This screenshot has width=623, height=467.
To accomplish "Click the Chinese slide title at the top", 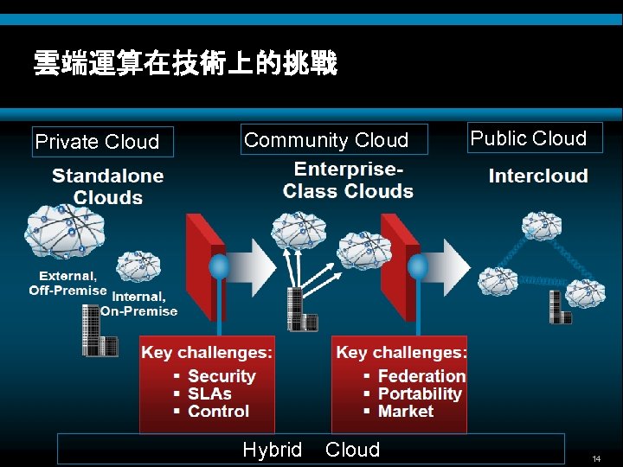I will point(184,63).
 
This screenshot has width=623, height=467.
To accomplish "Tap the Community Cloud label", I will point(325,140).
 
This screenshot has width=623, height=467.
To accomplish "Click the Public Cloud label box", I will point(529,138).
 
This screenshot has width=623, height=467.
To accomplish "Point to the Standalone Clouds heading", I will point(107,186).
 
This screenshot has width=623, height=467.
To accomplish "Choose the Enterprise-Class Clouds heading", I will point(348,180).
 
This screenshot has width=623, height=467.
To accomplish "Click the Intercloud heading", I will point(537,176).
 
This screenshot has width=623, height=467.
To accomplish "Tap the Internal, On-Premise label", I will point(139,304).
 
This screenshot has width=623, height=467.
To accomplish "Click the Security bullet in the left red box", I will point(221,376).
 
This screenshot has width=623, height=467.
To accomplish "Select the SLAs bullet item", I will point(209,393).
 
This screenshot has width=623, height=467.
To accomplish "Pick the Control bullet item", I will point(218,412).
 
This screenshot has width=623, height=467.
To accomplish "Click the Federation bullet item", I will point(421,376).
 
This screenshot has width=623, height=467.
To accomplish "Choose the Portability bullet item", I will point(420,393).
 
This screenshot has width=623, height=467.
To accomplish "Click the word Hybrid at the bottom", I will point(273,450).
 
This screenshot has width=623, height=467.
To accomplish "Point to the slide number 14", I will point(596,457).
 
